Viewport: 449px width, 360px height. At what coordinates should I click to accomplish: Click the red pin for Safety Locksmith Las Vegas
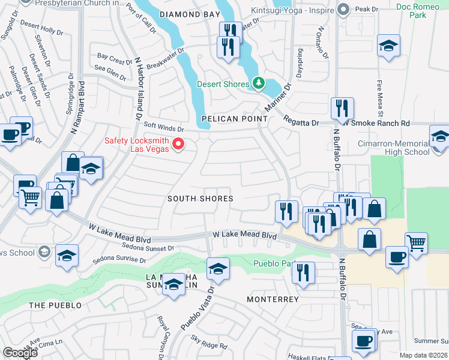[178, 143]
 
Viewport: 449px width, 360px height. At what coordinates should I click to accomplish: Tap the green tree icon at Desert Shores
[258, 83]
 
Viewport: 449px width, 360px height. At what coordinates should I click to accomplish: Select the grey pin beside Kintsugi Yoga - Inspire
[343, 9]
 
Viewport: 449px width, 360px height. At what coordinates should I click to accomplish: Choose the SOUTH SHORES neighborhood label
[200, 199]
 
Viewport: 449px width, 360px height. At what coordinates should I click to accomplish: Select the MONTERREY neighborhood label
[273, 299]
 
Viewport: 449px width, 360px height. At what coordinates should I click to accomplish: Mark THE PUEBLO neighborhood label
[55, 305]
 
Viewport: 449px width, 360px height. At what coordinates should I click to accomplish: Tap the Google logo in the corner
[20, 353]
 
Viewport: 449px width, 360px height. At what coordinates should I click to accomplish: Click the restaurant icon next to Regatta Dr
[341, 109]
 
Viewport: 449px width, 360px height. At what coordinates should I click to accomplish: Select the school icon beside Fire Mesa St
[388, 46]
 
